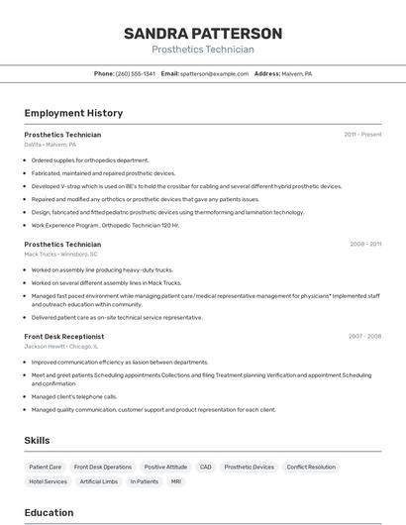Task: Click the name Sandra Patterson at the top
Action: (202, 33)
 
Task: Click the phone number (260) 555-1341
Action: (136, 73)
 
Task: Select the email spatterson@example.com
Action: (215, 73)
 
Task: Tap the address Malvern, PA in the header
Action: (296, 73)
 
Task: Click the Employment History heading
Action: (73, 113)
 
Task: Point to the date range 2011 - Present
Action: (362, 135)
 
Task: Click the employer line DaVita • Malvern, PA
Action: (51, 145)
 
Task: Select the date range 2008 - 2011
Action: (364, 244)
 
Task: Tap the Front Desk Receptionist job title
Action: (64, 337)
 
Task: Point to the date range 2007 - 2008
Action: (364, 337)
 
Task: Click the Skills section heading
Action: (37, 440)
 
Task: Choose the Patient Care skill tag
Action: (46, 467)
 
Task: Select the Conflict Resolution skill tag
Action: (311, 467)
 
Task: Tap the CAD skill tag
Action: (205, 467)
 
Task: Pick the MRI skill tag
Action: (175, 481)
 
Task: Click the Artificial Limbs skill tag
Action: (99, 481)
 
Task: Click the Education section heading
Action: (49, 512)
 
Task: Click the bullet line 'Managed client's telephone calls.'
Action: (74, 396)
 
